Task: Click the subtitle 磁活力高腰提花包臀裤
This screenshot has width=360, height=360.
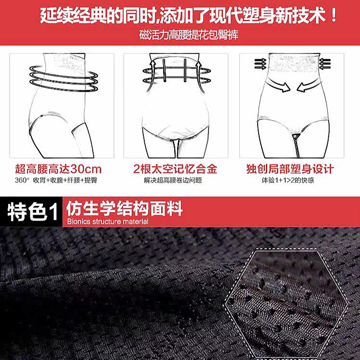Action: coord(189,35)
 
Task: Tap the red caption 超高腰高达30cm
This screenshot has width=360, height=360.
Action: coord(58,169)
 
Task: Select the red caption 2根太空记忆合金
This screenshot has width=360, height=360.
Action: coord(175,169)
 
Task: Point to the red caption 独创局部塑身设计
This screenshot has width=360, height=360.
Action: coord(290,169)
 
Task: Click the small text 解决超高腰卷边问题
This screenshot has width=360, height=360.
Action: coord(173,180)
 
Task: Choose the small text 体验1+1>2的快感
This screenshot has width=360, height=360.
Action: coord(288,180)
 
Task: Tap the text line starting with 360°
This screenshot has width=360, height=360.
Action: coord(56,180)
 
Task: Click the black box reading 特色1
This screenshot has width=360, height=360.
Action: coord(31,212)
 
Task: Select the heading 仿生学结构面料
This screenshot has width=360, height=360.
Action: coord(125,208)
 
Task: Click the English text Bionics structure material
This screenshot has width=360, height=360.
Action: coord(108,222)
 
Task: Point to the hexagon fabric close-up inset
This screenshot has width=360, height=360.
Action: coord(287,305)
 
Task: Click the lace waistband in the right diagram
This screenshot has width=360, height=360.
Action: coord(294,62)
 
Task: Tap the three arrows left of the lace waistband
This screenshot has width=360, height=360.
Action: coord(260,64)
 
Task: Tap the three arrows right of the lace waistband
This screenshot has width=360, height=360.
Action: coord(325,64)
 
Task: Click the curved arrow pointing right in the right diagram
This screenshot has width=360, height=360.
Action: coord(278,85)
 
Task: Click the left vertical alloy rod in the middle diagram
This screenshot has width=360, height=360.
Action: coord(164,70)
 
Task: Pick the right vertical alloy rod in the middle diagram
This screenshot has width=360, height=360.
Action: coord(185,70)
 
